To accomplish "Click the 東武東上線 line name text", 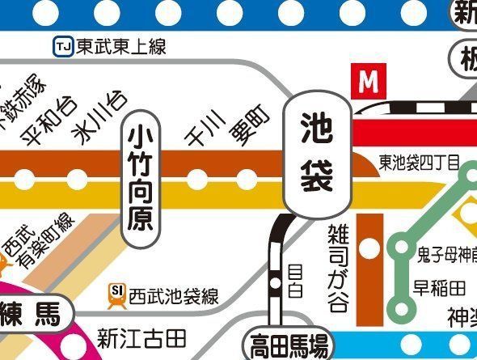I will [x=121, y=47].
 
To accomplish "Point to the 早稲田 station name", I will [x=440, y=288].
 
